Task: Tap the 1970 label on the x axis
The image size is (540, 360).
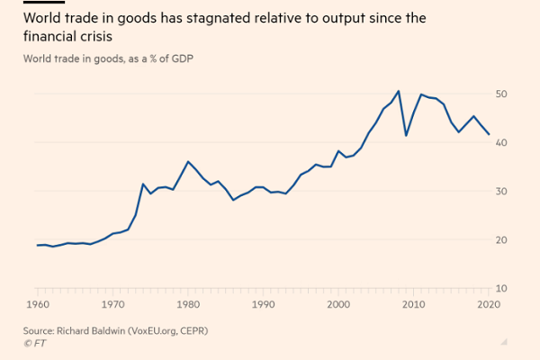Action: click(x=112, y=305)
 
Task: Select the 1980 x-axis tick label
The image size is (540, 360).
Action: click(x=187, y=305)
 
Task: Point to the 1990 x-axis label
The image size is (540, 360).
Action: click(x=262, y=305)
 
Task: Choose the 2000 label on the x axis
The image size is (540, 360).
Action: click(x=337, y=305)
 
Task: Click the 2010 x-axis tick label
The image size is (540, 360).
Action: click(x=413, y=305)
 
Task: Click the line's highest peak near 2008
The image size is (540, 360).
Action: click(x=399, y=91)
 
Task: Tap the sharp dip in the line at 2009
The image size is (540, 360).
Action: click(x=406, y=136)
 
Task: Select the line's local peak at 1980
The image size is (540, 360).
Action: click(x=187, y=161)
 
